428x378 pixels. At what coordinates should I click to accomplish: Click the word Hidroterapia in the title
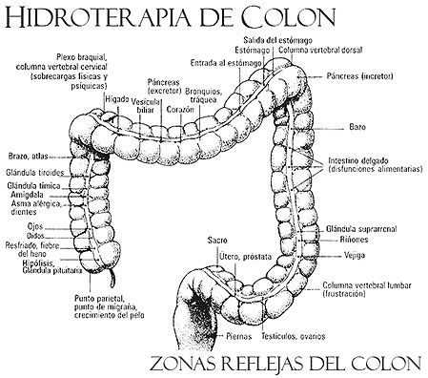[x=77, y=16]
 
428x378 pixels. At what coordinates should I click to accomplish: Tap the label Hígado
[x=117, y=98]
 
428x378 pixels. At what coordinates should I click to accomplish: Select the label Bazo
[x=357, y=126]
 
